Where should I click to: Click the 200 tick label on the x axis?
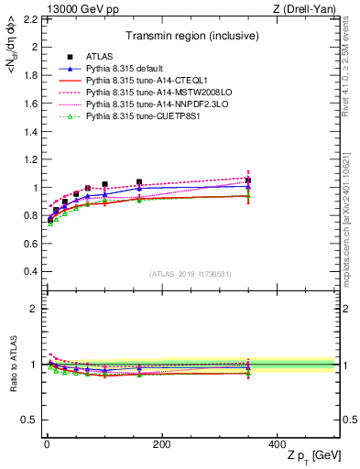pyautogui.click(x=161, y=443)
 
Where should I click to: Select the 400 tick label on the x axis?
pyautogui.click(x=276, y=443)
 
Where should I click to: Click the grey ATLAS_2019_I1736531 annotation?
pyautogui.click(x=191, y=274)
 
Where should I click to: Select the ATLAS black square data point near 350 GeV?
pyautogui.click(x=248, y=180)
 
